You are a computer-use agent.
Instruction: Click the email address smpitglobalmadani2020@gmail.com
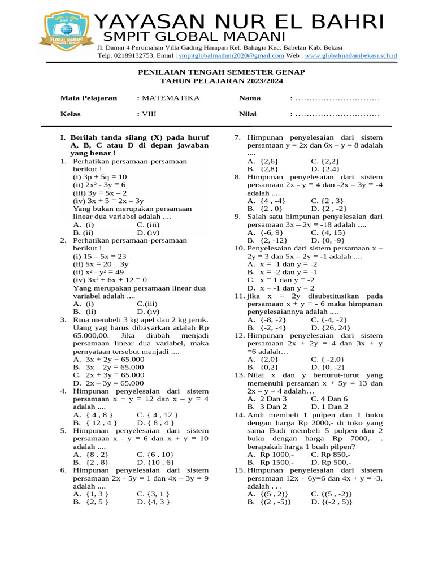[x=231, y=56]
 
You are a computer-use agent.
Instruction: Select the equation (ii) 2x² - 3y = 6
[x=99, y=185]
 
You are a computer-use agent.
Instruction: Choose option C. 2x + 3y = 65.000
[x=109, y=375]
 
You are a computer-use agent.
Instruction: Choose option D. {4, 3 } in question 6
[x=153, y=502]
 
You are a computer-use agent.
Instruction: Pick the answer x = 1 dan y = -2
[x=283, y=280]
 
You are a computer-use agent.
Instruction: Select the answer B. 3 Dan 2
[x=267, y=407]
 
